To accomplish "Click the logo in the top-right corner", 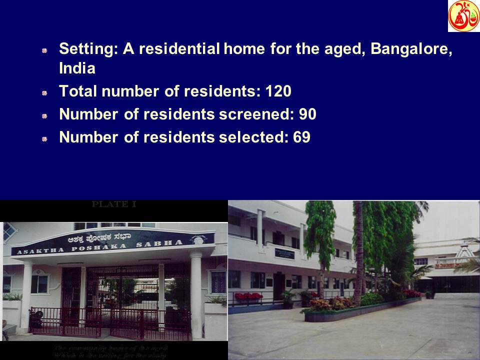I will (463, 16).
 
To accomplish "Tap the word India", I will (76, 68).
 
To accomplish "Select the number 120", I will (278, 91).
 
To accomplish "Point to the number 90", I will (307, 114).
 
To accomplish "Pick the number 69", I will (301, 137).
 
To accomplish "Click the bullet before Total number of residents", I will (44, 92).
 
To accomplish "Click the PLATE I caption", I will (114, 204).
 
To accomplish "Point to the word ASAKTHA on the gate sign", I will (40, 251).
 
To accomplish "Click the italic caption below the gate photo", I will (111, 351).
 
